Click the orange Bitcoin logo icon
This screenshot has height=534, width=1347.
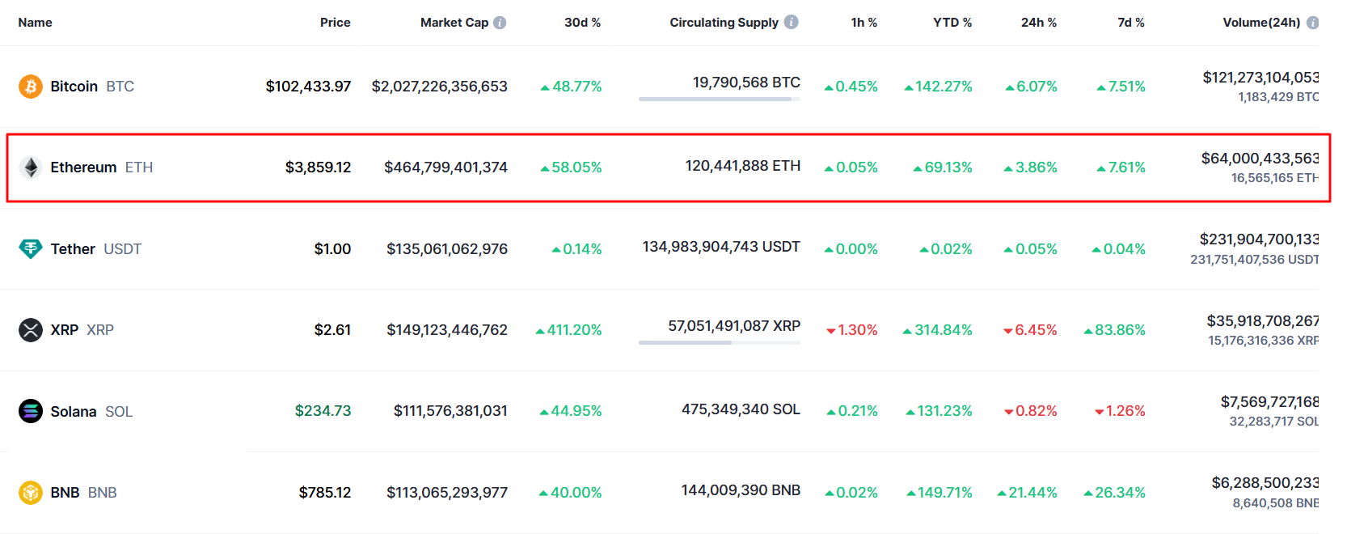coord(31,87)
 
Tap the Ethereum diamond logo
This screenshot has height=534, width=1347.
coord(31,167)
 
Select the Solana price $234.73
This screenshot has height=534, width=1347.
coord(323,411)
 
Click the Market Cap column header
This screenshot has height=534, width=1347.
coord(454,23)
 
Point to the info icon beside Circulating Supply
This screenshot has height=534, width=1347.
coord(792,22)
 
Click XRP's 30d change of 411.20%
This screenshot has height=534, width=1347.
coord(569,330)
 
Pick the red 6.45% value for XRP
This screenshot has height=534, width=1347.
coord(1031,330)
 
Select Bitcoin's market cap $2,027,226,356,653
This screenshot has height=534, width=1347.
coord(439,87)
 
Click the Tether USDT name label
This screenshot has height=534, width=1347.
coord(95,249)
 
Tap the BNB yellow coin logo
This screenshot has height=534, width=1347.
coord(31,493)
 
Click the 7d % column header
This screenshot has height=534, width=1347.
coord(1130,23)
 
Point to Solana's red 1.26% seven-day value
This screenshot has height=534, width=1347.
coord(1121,411)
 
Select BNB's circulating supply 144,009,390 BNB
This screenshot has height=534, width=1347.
coord(741,490)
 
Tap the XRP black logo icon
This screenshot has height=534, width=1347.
coord(31,330)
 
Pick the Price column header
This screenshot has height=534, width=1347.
coord(335,23)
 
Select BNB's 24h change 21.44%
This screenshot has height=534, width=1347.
coord(1028,493)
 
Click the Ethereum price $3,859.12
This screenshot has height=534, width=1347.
coord(318,167)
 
